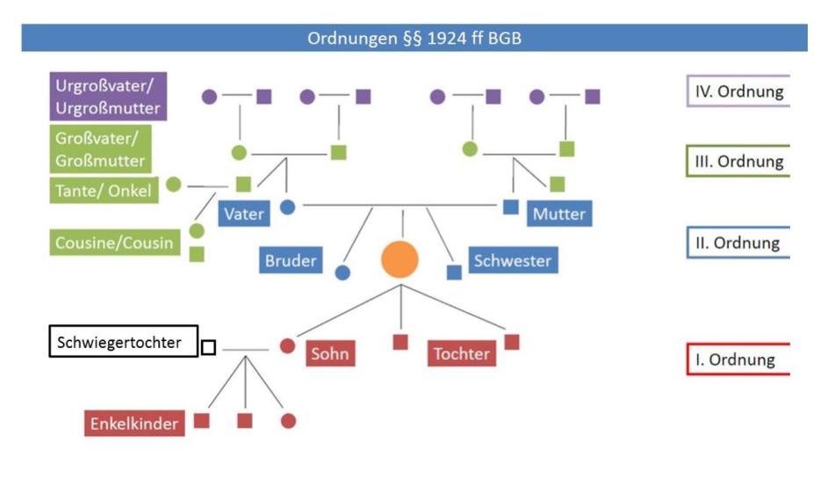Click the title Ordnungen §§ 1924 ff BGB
click(414, 38)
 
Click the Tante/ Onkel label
click(104, 190)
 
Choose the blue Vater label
click(244, 214)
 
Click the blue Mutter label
click(558, 214)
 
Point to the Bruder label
click(292, 261)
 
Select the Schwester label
click(512, 261)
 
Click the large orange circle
click(400, 259)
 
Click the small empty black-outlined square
click(208, 347)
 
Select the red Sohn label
click(330, 354)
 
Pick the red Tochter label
click(461, 353)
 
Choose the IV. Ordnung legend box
click(737, 91)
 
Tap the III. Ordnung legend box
click(737, 162)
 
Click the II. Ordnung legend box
click(737, 243)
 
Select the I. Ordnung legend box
click(737, 359)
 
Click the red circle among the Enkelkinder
click(288, 421)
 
